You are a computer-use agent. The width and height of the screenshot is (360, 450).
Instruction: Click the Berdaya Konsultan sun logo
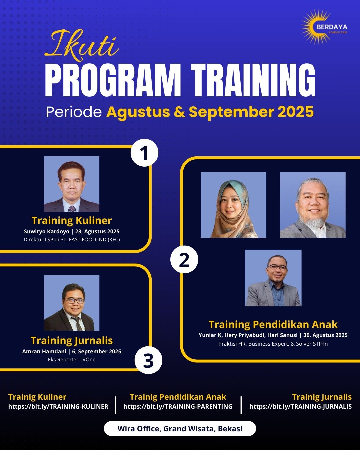tap(324, 27)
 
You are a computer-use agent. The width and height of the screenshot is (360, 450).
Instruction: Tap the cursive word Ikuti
tap(82, 45)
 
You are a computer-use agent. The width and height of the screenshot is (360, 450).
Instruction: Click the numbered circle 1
tap(144, 153)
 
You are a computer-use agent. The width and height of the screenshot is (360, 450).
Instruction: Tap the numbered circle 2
tap(184, 259)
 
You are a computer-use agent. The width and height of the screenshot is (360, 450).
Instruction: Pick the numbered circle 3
tap(148, 360)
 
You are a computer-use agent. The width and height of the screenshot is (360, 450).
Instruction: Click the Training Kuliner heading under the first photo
tap(72, 221)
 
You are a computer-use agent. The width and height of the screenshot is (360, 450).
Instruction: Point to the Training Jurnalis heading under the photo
tap(72, 341)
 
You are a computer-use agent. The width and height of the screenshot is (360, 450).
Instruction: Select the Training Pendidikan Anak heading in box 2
tap(273, 325)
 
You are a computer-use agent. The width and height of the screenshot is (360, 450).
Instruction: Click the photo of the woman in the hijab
tap(233, 205)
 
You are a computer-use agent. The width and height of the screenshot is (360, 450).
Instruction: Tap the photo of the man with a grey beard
tap(313, 205)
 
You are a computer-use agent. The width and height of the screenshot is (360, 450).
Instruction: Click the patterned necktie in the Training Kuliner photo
tap(72, 208)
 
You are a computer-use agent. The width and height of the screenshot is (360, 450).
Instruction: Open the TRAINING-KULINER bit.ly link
tap(58, 407)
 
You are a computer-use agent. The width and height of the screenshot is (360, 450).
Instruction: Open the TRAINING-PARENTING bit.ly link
tap(178, 407)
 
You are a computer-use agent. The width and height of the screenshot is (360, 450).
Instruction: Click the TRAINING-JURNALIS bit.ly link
tap(301, 407)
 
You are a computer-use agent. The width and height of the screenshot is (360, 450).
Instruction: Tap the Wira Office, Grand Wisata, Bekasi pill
tap(180, 428)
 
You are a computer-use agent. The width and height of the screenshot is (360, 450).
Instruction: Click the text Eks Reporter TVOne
tap(72, 359)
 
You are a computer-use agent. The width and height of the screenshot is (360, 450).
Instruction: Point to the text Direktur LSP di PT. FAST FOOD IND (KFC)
tap(72, 239)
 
